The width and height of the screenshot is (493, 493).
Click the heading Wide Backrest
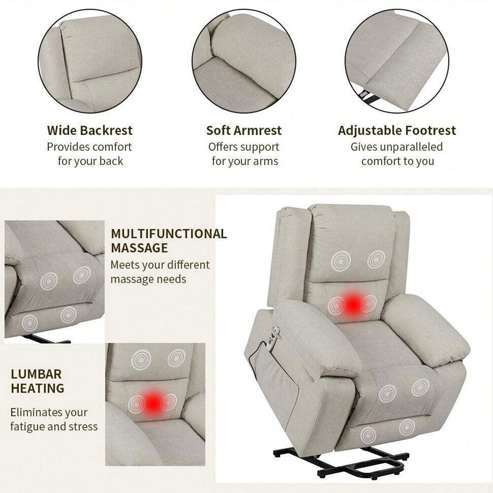[x=90, y=131]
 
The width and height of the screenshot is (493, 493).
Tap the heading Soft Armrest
[x=244, y=131]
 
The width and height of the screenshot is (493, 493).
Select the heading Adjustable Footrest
[x=397, y=131]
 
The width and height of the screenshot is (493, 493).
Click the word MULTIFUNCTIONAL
[x=169, y=234]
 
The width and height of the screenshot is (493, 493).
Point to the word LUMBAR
[x=36, y=373]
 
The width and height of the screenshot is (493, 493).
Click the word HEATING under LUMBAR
[x=37, y=388]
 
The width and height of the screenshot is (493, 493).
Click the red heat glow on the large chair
[x=352, y=304]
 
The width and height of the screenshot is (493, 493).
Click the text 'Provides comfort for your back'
[x=90, y=154]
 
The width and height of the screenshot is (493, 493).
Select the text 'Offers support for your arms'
[x=244, y=154]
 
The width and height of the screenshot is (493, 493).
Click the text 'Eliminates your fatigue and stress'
[x=54, y=419]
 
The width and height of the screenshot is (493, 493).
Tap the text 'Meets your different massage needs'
[x=160, y=272]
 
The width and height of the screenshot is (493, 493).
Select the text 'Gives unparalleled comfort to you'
[x=397, y=154]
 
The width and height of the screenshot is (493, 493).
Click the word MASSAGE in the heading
[x=139, y=248]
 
